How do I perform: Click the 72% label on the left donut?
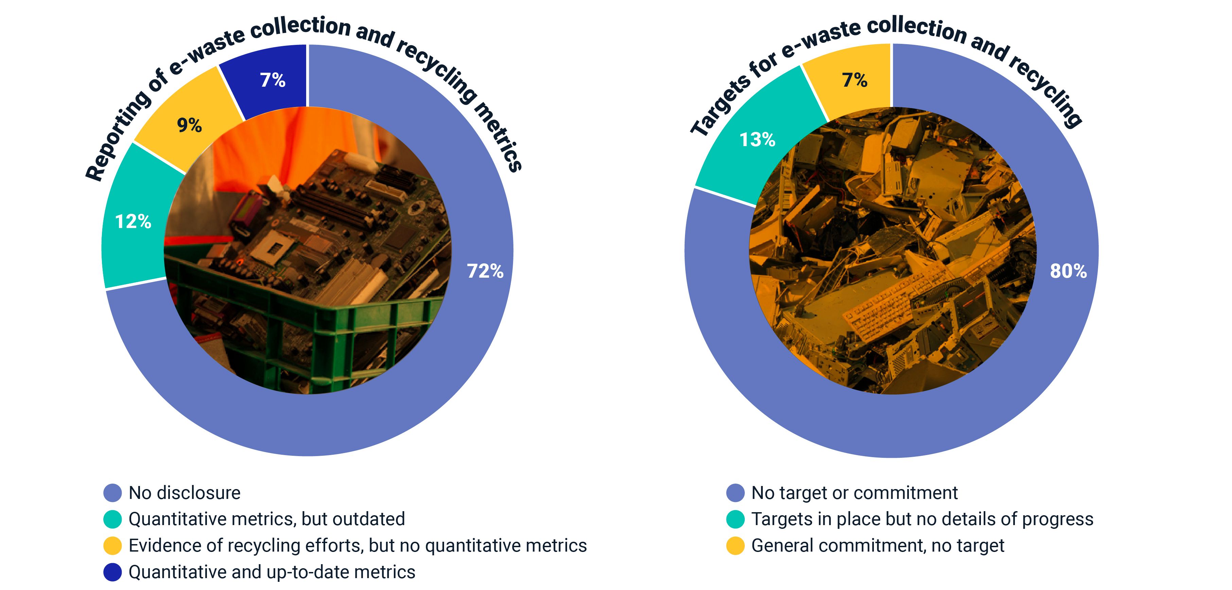coord(485,271)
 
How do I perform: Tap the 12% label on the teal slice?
coord(133,222)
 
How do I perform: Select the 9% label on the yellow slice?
coord(189,125)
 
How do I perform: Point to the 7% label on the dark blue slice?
coord(272,80)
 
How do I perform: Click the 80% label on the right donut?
coord(1068,271)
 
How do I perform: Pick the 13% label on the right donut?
coord(757,140)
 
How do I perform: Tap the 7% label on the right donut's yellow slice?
coord(855,80)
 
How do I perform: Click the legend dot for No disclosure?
coord(112,493)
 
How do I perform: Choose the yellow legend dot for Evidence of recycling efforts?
coord(112,545)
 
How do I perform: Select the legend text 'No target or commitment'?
coord(854,493)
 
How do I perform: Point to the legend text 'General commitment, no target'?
coord(878,545)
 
